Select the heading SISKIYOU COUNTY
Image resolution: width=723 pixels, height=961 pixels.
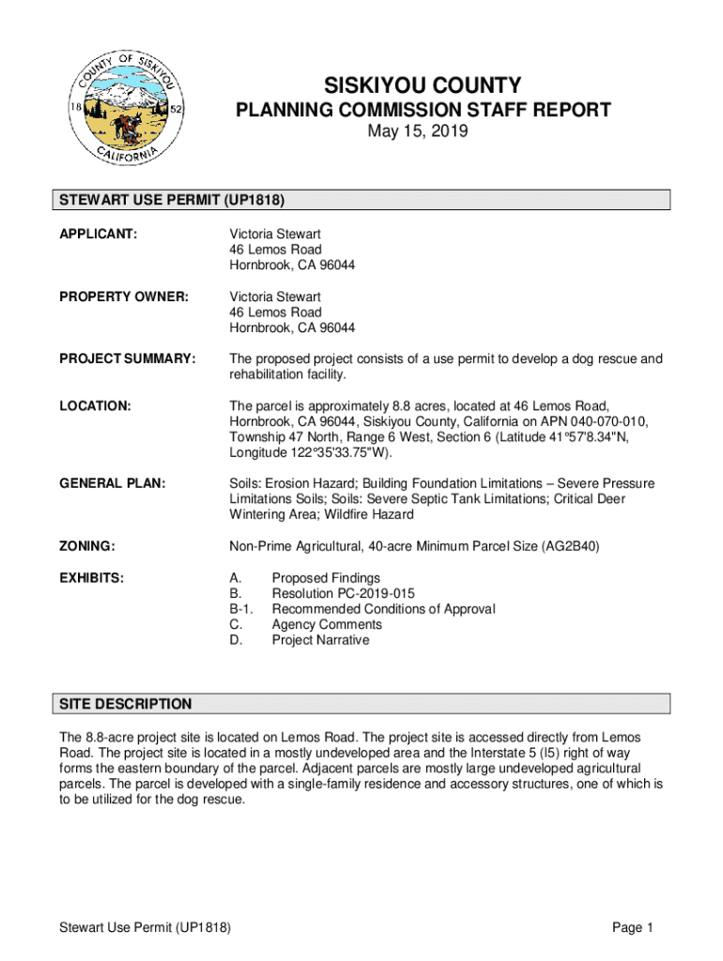[423, 85]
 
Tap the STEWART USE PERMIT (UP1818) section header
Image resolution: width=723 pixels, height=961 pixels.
[172, 200]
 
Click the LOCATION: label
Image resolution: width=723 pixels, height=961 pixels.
[95, 405]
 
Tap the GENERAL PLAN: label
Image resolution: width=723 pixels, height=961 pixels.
[113, 483]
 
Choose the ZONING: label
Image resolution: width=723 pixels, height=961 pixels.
[87, 546]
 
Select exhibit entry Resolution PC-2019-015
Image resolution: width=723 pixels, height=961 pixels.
[343, 594]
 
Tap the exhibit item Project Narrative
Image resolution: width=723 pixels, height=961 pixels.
[320, 640]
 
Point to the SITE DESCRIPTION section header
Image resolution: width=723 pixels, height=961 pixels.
[126, 704]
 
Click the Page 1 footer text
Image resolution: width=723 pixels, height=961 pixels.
[633, 928]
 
